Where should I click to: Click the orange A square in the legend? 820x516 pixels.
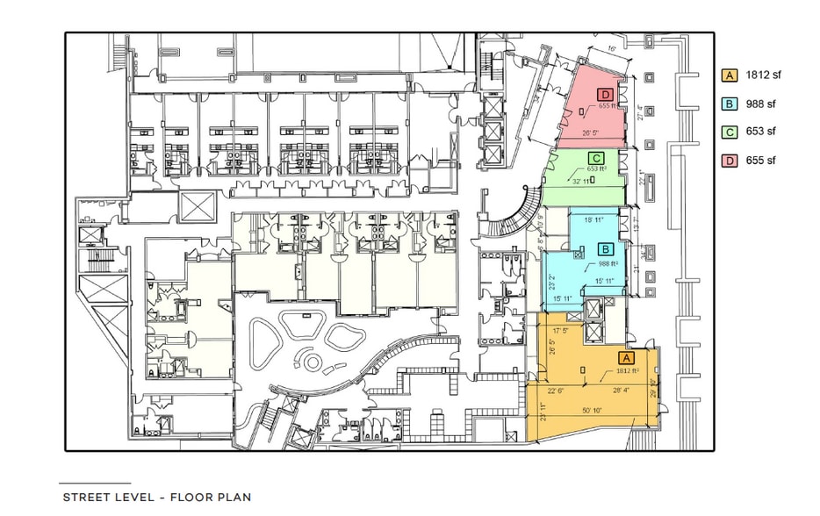tap(729, 75)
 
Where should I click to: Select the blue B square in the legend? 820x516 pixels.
tap(729, 104)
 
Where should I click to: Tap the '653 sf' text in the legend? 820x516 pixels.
tap(760, 132)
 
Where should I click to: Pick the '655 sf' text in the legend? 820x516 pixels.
tap(760, 161)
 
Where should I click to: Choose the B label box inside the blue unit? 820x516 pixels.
tap(606, 248)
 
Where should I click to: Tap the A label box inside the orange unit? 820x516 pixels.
tap(626, 358)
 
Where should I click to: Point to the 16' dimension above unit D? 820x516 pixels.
tap(610, 50)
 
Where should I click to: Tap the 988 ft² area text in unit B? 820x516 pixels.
tap(609, 262)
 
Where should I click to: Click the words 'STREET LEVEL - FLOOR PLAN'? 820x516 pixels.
tap(156, 497)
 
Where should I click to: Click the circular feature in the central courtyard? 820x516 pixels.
tap(309, 359)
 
